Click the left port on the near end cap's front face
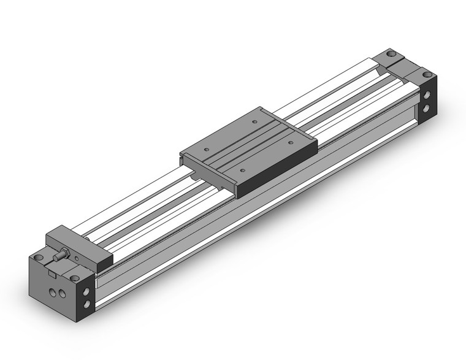pos(53,293)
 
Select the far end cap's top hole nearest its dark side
pos(427,75)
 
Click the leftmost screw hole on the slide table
pos(206,148)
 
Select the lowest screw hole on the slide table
pos(243,169)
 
